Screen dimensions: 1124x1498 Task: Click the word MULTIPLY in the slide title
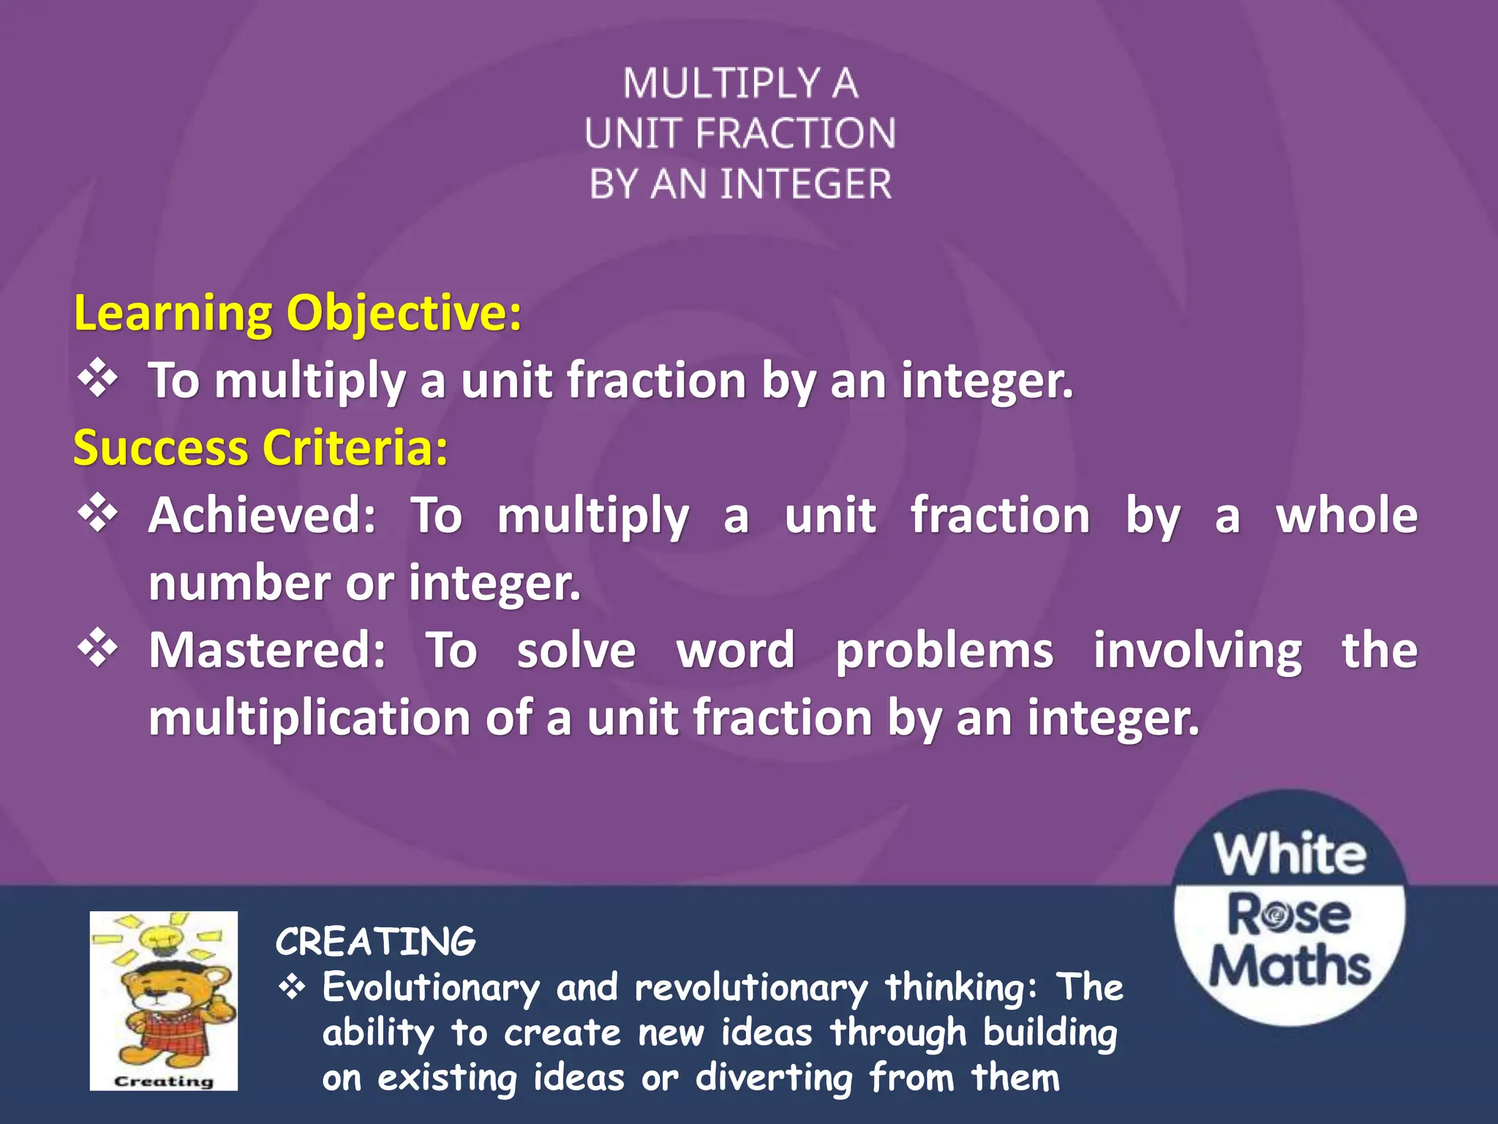(721, 83)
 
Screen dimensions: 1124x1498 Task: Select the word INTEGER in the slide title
(806, 184)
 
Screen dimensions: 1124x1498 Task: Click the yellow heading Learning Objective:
(298, 313)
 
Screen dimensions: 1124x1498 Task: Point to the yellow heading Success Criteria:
(260, 448)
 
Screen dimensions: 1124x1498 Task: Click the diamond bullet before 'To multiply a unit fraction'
(98, 379)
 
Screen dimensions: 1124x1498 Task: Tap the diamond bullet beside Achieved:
(98, 514)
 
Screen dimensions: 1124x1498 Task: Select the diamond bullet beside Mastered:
(98, 649)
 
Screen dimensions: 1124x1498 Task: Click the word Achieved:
(262, 515)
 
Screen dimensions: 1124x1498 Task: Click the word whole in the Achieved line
(1347, 515)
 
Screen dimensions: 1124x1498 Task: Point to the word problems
(944, 651)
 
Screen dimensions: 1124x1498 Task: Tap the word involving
(1197, 651)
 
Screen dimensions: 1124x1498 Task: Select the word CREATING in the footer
(375, 942)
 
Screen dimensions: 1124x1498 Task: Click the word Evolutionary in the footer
(431, 987)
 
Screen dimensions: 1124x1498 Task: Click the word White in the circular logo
(1290, 854)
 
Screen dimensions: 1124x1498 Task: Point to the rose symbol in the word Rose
(1276, 915)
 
